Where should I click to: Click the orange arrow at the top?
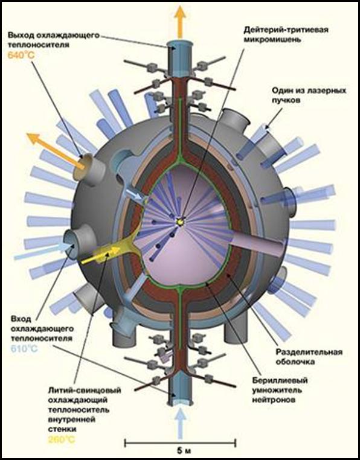180,21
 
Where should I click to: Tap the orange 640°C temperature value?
21,55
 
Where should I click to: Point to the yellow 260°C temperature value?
62,439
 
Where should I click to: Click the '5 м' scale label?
180,450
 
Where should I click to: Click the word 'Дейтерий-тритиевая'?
286,30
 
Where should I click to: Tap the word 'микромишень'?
272,40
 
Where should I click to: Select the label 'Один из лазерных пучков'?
309,95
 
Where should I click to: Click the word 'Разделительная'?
309,352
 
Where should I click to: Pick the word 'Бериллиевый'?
280,380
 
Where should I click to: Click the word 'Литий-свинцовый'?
85,391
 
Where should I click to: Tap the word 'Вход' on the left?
21,319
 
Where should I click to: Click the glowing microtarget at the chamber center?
179,222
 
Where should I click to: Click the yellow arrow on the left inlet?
101,255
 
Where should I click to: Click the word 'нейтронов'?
274,400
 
